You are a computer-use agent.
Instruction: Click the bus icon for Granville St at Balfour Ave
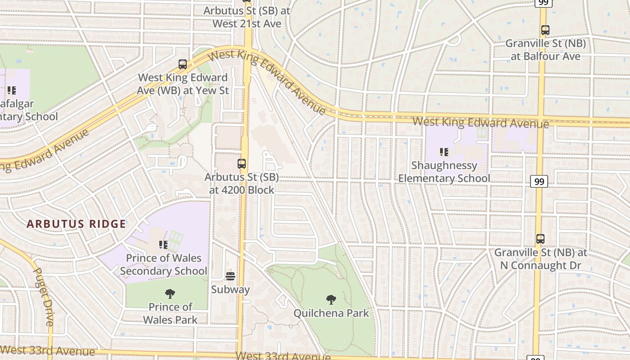click(545, 31)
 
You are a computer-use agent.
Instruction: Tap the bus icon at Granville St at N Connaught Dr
click(540, 239)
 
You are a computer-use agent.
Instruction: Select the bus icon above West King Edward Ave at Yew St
click(183, 64)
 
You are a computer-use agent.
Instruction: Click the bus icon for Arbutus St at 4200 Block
click(242, 164)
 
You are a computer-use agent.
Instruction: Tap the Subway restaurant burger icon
click(230, 276)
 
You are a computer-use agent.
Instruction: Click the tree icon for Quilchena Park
click(331, 299)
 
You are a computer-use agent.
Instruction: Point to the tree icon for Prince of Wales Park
click(170, 294)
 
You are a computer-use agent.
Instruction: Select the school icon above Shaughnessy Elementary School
click(444, 152)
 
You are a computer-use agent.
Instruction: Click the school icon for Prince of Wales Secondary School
click(163, 245)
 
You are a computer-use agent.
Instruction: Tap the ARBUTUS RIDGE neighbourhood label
click(76, 224)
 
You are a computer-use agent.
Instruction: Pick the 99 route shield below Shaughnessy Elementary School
click(539, 181)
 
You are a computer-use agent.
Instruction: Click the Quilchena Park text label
click(331, 313)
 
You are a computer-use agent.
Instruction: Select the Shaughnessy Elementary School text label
click(444, 172)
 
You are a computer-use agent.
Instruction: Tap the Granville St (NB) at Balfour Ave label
click(545, 50)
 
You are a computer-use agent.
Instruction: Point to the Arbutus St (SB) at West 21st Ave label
click(247, 17)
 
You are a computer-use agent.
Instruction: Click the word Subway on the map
click(230, 289)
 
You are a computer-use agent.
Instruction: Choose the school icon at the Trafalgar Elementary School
click(12, 90)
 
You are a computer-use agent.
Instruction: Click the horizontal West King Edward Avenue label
click(480, 122)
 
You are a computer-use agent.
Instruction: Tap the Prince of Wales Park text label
click(170, 313)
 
